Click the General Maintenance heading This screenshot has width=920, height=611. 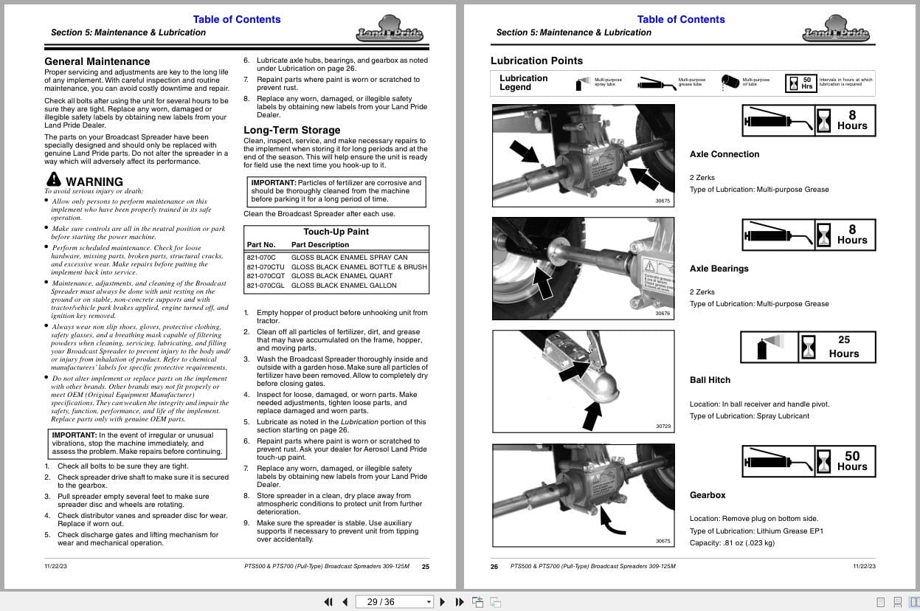[x=97, y=62]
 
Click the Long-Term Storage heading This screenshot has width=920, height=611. [x=292, y=130]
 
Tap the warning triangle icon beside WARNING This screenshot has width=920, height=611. [x=53, y=179]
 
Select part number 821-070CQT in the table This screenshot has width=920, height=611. [x=266, y=276]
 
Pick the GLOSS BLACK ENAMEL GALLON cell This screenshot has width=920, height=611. [x=344, y=286]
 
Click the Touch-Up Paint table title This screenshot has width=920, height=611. [x=336, y=232]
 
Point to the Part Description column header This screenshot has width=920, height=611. [x=320, y=245]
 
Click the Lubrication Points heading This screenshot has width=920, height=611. [x=536, y=61]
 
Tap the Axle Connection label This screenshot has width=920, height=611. [x=724, y=154]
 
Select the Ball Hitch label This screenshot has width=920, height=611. [x=710, y=380]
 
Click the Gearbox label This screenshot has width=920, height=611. [x=708, y=495]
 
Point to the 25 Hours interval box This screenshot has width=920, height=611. [x=843, y=346]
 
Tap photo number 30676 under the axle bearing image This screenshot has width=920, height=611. [x=663, y=314]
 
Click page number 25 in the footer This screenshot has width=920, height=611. [x=425, y=567]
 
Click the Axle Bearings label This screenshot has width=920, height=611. [x=719, y=269]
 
